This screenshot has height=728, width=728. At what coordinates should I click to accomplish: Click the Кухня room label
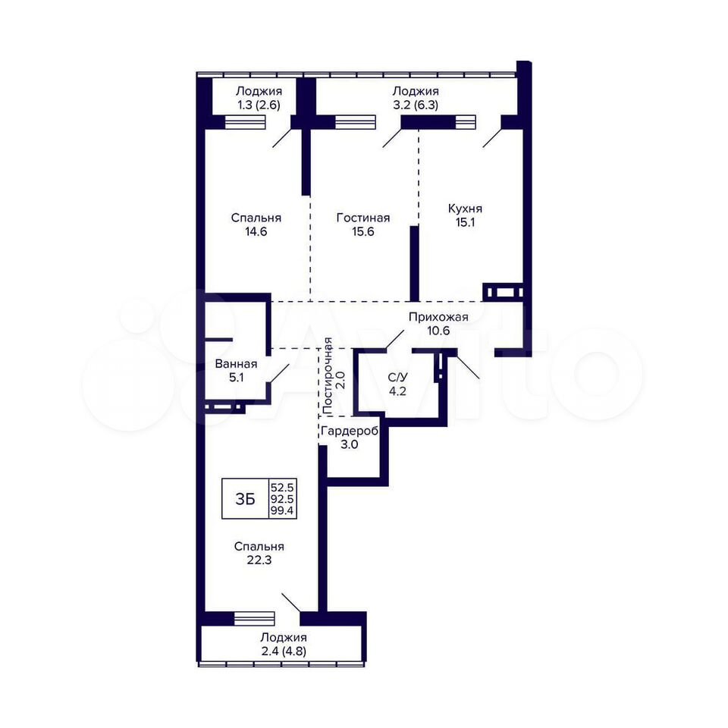[x=465, y=209]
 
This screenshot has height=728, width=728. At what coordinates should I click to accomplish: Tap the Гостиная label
[x=363, y=218]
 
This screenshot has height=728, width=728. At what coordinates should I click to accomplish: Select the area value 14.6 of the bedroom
[x=256, y=231]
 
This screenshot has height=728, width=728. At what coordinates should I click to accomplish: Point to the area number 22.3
[x=259, y=560]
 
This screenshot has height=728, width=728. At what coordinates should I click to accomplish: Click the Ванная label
[x=236, y=364]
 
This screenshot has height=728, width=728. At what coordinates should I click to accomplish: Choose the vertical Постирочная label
[x=328, y=376]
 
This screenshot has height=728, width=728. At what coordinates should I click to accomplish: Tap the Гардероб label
[x=350, y=431]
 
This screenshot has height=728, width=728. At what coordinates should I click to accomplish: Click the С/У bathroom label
[x=397, y=378]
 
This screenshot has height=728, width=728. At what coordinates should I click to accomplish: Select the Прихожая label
[x=438, y=317]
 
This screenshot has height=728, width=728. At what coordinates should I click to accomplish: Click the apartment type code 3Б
[x=245, y=499]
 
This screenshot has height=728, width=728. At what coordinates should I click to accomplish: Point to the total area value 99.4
[x=282, y=511]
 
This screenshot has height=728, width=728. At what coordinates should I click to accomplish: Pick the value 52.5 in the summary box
[x=282, y=488]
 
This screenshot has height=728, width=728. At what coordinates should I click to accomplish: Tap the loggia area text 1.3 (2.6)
[x=259, y=105]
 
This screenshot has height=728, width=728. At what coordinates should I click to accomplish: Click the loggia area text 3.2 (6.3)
[x=416, y=105]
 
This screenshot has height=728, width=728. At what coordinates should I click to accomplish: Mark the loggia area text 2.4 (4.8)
[x=284, y=651]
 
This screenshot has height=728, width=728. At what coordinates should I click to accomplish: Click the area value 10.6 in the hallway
[x=438, y=331]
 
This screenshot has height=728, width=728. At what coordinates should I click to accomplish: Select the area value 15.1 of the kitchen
[x=465, y=222]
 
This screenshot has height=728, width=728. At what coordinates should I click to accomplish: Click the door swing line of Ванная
[x=278, y=373]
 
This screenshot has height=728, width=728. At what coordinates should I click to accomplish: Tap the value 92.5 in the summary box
[x=282, y=500]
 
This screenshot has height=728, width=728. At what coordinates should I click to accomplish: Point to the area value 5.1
[x=236, y=378]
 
